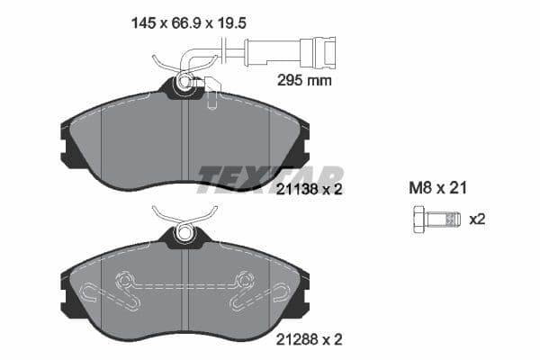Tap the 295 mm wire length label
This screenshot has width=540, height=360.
coord(301,80)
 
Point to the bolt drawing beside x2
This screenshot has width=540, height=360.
coord(436,219)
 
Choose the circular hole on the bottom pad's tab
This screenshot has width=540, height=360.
coord(184,231)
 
